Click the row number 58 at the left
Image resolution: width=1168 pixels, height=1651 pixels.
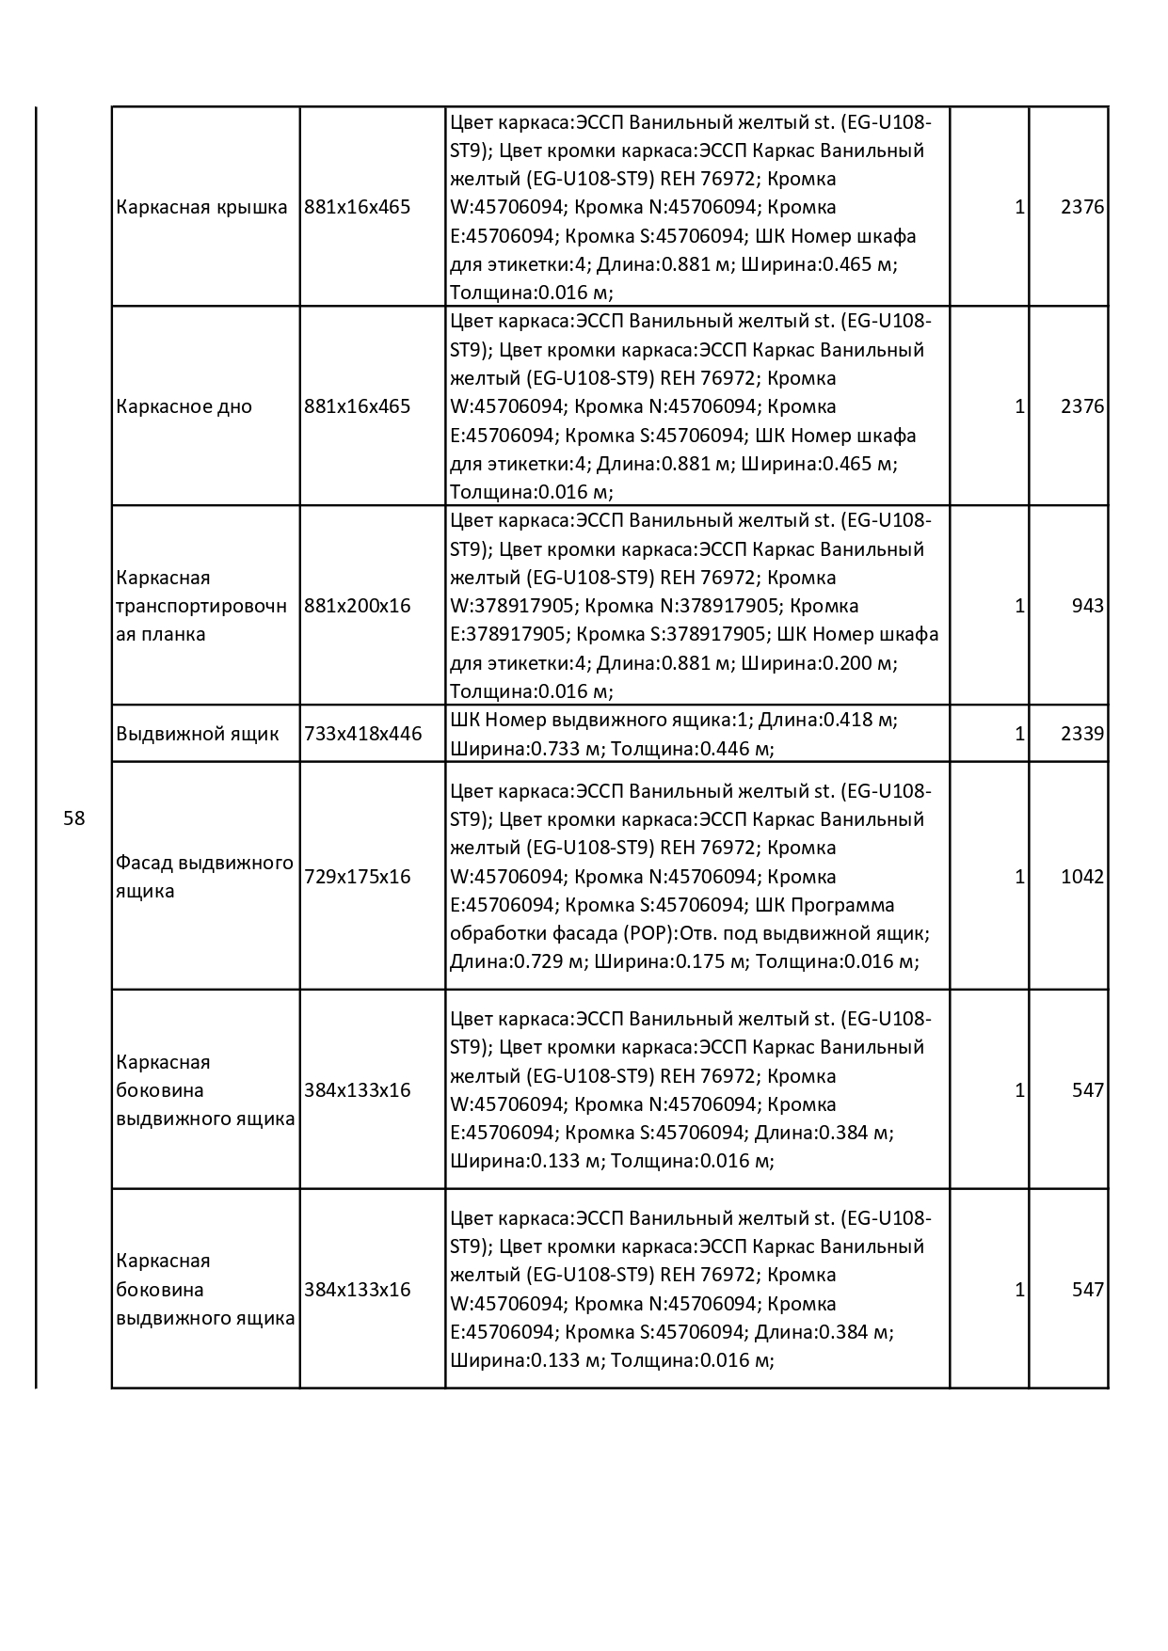click(x=73, y=818)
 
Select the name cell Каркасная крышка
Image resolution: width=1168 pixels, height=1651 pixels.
click(x=201, y=207)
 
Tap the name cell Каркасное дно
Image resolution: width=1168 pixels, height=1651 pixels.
click(x=184, y=406)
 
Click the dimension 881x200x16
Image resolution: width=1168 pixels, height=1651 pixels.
click(x=358, y=606)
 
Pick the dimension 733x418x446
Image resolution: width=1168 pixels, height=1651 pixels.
click(x=363, y=734)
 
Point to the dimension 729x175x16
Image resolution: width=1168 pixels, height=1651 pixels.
click(x=358, y=877)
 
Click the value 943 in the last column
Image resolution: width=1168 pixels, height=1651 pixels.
click(x=1087, y=606)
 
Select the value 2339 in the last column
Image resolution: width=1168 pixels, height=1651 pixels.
click(x=1081, y=734)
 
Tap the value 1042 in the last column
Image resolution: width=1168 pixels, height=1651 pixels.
click(x=1081, y=877)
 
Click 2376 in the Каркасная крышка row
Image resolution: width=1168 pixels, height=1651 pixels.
click(x=1081, y=207)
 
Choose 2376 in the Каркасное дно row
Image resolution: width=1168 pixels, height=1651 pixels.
click(x=1081, y=406)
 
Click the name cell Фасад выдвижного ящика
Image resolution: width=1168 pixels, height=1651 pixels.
click(x=204, y=877)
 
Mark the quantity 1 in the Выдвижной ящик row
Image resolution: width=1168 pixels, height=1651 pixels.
click(x=1019, y=734)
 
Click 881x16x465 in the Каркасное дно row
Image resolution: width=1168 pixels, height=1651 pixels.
click(x=358, y=406)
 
